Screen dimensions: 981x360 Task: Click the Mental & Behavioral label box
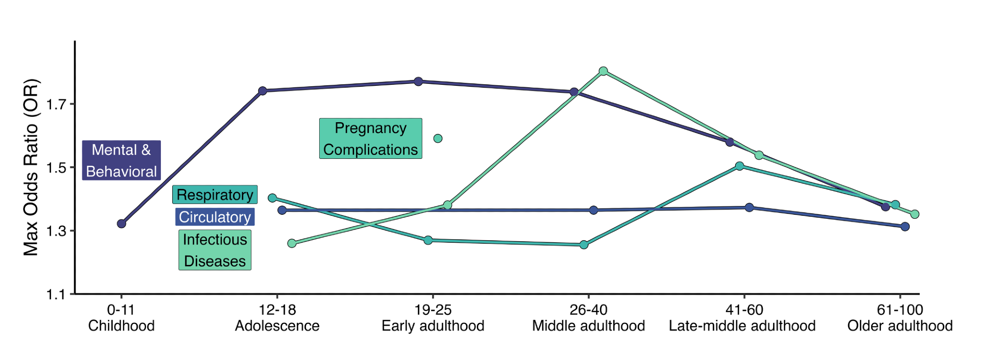121,160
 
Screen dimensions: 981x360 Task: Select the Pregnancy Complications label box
371,138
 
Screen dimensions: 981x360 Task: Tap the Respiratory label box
215,195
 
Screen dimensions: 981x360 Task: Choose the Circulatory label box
215,217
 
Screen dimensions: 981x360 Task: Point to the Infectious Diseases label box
215,250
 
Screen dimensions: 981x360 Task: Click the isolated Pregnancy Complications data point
438,138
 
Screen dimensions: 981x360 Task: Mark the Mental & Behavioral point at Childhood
122,224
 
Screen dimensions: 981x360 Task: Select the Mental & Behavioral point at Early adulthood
418,81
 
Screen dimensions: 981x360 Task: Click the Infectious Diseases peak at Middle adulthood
604,71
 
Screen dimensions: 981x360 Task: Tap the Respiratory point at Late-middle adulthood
740,166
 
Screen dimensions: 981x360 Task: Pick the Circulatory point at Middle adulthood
594,210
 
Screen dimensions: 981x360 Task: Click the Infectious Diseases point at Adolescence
292,243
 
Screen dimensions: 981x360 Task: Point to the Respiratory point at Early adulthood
428,240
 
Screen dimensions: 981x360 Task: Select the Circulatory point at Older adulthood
905,227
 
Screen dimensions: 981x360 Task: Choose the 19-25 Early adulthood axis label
433,318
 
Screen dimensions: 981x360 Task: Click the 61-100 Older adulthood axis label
900,318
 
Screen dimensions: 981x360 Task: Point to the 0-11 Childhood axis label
121,318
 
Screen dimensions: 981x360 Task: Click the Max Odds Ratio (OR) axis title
31,167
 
